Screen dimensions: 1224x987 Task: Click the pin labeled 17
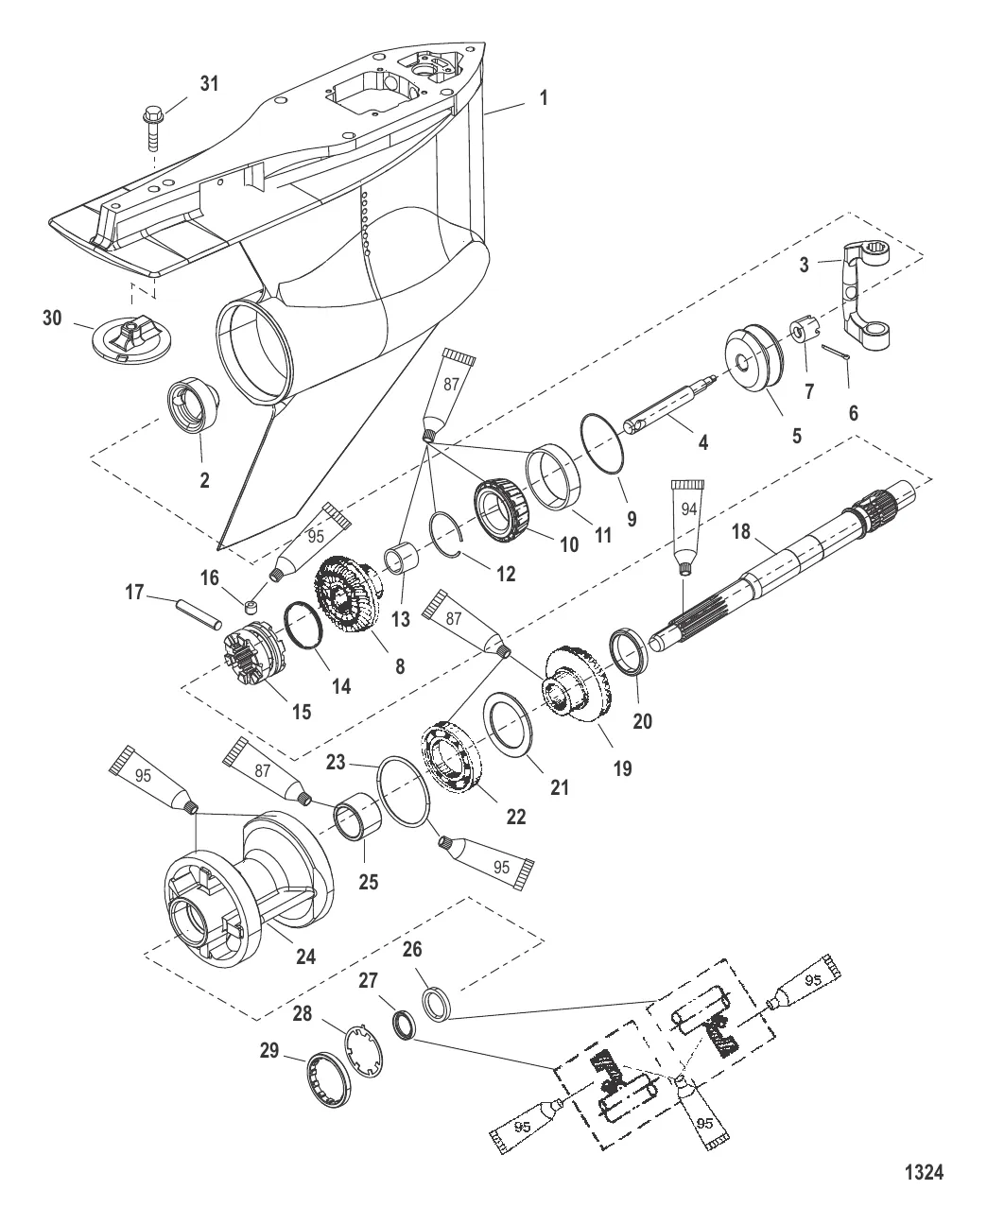199,612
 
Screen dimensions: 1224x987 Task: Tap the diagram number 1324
924,1174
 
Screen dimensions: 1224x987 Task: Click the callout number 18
740,532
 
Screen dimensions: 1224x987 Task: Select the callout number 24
306,955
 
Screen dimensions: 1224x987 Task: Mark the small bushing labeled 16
251,607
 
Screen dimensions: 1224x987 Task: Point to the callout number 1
544,96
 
